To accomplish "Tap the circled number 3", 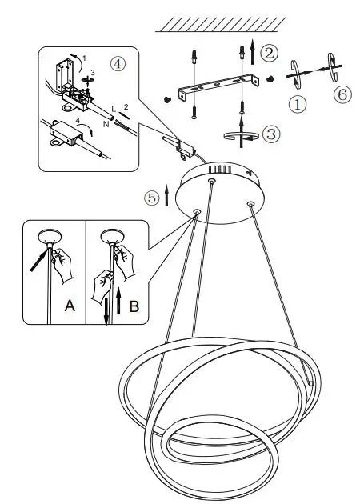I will pos(272,134).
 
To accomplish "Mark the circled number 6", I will pos(342,94).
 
